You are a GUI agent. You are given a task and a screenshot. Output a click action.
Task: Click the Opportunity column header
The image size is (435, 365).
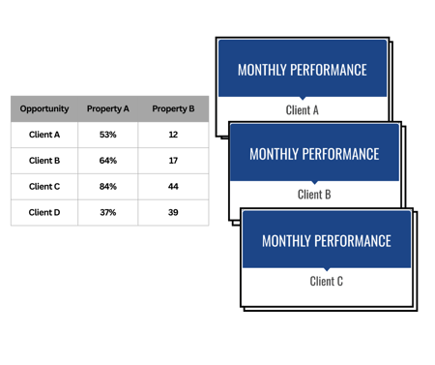[x=44, y=108]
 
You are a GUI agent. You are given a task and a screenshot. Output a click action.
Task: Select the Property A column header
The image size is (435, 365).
[x=109, y=108]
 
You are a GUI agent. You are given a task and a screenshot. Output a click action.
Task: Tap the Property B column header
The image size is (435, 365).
[x=174, y=108]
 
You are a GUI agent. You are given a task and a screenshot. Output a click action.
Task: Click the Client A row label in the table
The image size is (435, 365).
[x=44, y=135]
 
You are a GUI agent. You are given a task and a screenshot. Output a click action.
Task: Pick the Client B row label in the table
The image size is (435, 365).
[x=44, y=161]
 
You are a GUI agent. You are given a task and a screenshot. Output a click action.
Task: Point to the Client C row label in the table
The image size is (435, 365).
[x=44, y=186]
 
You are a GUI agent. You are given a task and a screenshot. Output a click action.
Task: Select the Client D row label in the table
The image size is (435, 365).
[x=44, y=212]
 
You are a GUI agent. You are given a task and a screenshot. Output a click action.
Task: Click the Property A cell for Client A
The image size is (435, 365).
[x=109, y=135]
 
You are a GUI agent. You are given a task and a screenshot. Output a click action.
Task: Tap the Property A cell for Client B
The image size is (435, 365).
[x=109, y=161]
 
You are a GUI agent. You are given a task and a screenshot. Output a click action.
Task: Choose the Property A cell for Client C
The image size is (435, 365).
[x=109, y=186]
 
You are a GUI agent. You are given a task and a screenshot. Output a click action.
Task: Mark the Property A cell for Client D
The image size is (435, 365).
[x=109, y=212]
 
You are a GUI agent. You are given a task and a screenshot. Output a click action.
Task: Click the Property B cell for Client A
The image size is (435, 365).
[x=174, y=135]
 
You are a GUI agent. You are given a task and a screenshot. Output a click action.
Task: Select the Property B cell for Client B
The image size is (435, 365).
[x=174, y=161]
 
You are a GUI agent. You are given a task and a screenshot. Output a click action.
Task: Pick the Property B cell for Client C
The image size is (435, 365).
[x=174, y=186]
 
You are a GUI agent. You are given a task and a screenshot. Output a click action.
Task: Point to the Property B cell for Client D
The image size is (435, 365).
[x=174, y=212]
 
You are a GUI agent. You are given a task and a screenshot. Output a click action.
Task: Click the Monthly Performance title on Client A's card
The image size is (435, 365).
[x=303, y=70]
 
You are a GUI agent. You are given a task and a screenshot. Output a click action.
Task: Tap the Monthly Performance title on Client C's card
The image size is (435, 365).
[x=327, y=241]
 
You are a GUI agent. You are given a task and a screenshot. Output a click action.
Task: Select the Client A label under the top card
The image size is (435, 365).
[x=303, y=109]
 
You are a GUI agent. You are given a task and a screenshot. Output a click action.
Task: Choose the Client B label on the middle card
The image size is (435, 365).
[x=314, y=194]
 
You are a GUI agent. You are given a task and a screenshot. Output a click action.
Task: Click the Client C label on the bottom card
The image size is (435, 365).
[x=327, y=282]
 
